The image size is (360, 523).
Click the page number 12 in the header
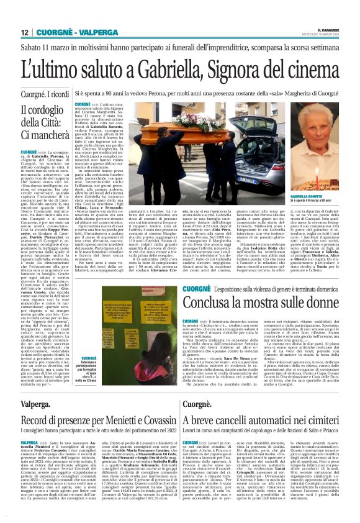pyautogui.click(x=24, y=32)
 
